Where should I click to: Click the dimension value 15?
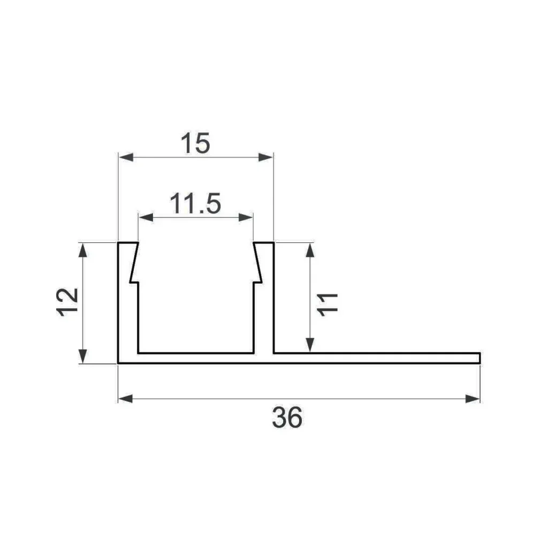tap(195, 144)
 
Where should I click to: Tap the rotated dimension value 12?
tap(68, 302)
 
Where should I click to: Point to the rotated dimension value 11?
tap(327, 304)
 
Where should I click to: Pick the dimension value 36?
tap(287, 417)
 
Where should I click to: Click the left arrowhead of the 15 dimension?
tap(125, 157)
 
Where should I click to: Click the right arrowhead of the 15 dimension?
tap(266, 157)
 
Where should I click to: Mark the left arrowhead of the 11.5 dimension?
tap(146, 217)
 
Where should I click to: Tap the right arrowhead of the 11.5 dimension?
tap(246, 217)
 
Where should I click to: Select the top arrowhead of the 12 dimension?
tap(82, 250)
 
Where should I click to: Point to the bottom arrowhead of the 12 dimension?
tap(82, 356)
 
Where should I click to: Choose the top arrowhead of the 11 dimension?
tap(310, 250)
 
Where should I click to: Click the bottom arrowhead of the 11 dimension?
tap(310, 346)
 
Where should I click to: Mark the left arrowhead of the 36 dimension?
tap(125, 399)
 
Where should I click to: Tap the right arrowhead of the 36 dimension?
tap(473, 399)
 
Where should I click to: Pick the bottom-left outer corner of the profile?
tap(118, 363)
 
